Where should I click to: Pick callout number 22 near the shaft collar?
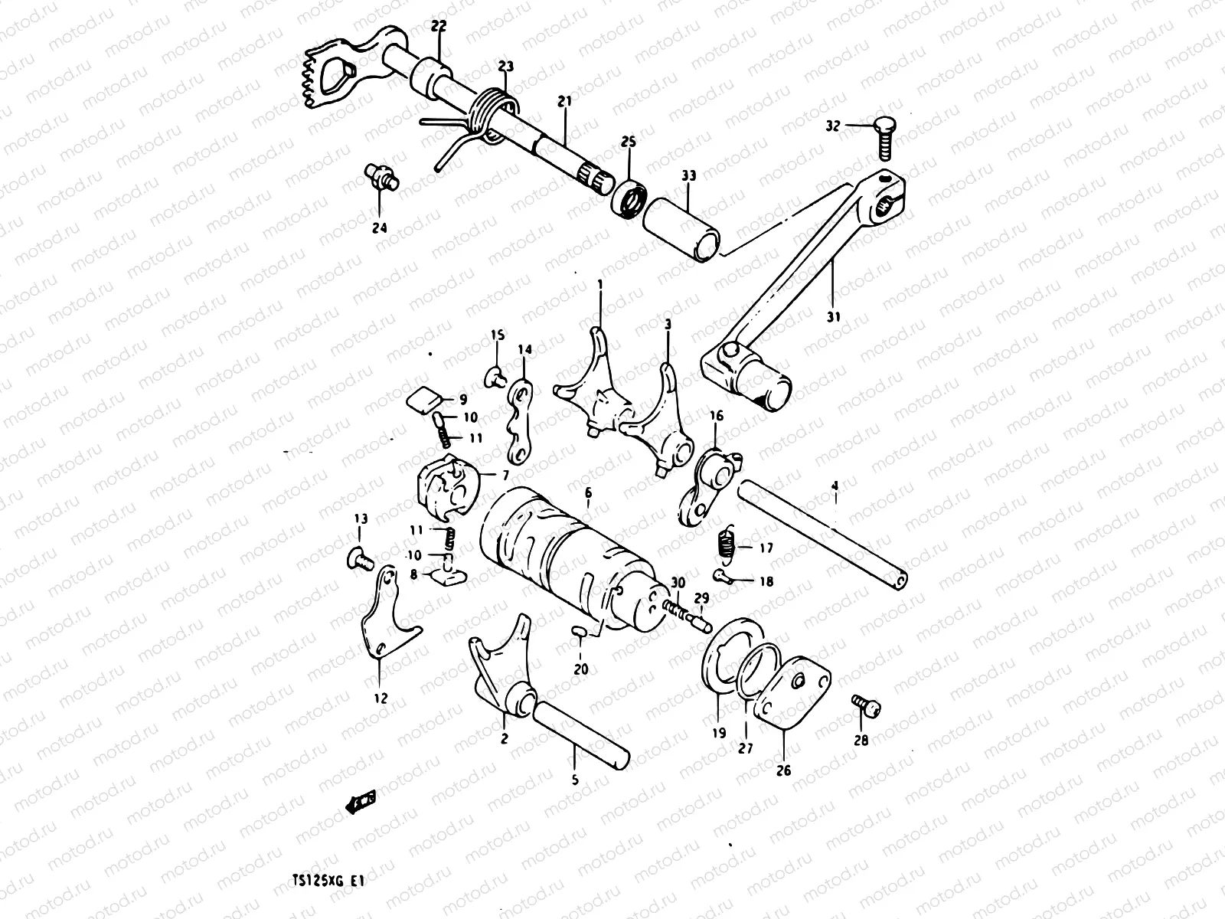click(x=438, y=25)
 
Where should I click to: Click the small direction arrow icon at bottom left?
click(x=360, y=800)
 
